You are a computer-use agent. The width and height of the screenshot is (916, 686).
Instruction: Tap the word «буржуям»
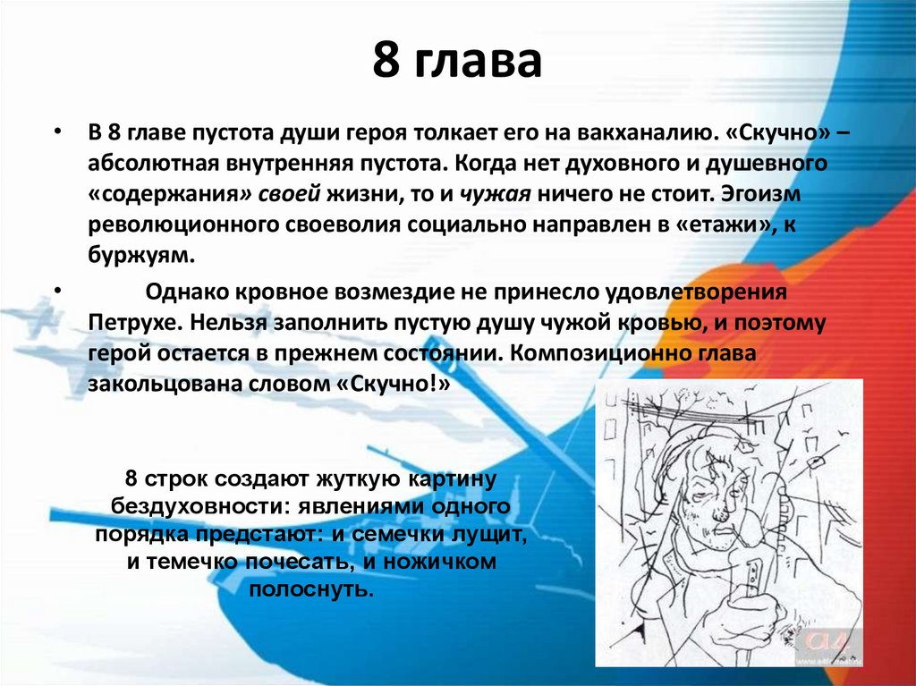click(140, 255)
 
